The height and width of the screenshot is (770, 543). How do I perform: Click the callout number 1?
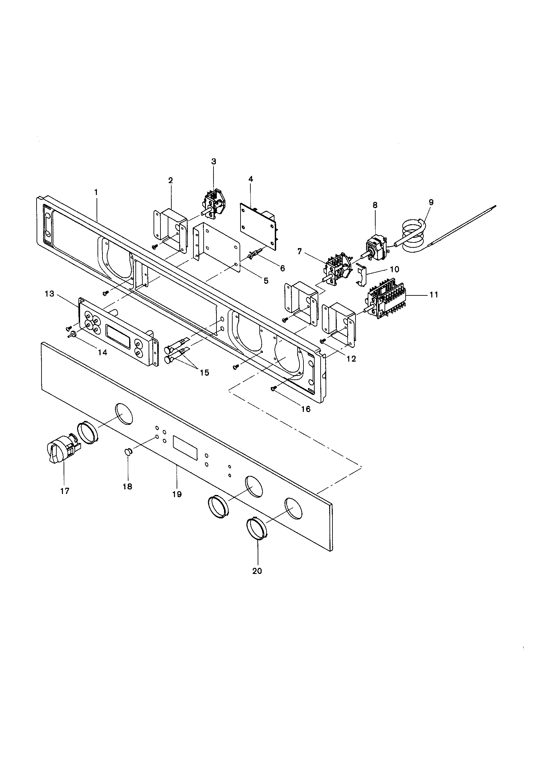point(96,192)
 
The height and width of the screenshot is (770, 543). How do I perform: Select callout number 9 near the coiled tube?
point(431,202)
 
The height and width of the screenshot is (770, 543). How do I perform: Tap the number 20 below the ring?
point(257,571)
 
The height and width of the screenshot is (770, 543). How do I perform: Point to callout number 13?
point(49,294)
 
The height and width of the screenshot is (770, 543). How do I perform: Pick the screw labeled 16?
point(273,388)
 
